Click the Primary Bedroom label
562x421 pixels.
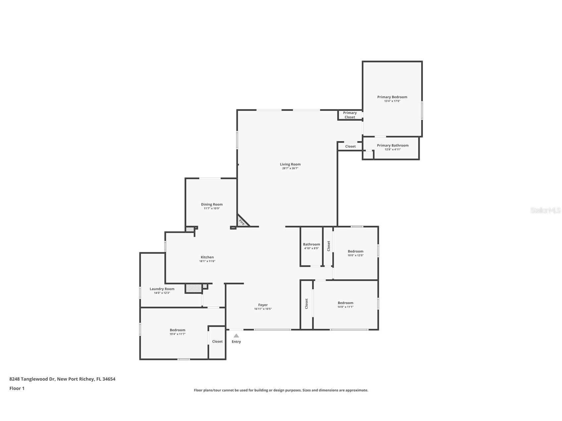pyautogui.click(x=392, y=97)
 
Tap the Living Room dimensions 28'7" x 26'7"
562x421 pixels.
pyautogui.click(x=290, y=168)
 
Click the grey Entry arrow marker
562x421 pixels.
pyautogui.click(x=236, y=336)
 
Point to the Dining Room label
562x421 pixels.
pyautogui.click(x=212, y=204)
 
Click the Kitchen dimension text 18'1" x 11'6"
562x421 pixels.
pyautogui.click(x=207, y=261)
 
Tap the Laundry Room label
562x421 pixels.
pyautogui.click(x=162, y=289)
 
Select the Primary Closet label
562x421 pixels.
pyautogui.click(x=350, y=115)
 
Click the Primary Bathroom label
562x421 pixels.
pyautogui.click(x=392, y=145)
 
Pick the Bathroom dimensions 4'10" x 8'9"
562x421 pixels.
pyautogui.click(x=311, y=249)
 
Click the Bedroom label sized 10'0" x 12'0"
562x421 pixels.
pyautogui.click(x=355, y=251)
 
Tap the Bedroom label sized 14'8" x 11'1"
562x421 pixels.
pyautogui.click(x=345, y=303)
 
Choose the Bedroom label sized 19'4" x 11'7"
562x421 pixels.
pyautogui.click(x=178, y=330)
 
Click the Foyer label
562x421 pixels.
pyautogui.click(x=263, y=305)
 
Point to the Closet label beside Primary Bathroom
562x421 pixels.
pyautogui.click(x=350, y=146)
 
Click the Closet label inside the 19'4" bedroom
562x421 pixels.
pyautogui.click(x=217, y=342)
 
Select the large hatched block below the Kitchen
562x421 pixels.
pyautogui.click(x=193, y=288)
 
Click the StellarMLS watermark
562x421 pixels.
pyautogui.click(x=545, y=210)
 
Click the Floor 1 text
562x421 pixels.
pyautogui.click(x=17, y=388)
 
